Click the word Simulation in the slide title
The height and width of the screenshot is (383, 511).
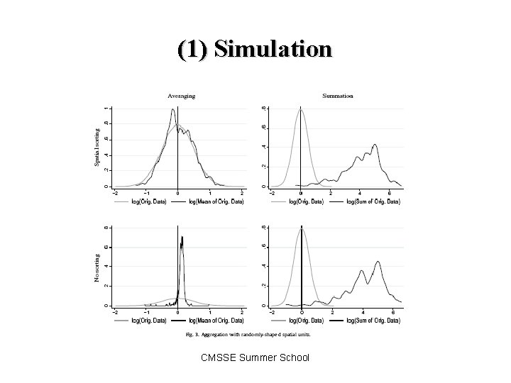(272, 49)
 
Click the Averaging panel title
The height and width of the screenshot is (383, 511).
(181, 96)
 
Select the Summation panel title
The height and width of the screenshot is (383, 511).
(338, 96)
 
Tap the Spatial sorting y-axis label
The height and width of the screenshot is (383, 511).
(97, 148)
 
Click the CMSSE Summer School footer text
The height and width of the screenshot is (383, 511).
(256, 357)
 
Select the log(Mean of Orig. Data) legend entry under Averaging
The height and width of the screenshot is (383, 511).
(215, 202)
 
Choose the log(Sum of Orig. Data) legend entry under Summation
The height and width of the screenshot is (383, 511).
(373, 202)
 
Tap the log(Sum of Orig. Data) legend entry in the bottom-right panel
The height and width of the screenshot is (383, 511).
(373, 321)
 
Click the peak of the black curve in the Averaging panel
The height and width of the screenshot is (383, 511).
(172, 110)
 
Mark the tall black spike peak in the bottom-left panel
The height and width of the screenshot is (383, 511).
(182, 237)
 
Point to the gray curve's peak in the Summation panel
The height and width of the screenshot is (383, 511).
(301, 109)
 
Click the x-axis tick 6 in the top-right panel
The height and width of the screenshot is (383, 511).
(389, 192)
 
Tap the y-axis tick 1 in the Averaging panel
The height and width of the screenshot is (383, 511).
(106, 108)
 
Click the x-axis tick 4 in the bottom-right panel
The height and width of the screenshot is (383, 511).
(362, 311)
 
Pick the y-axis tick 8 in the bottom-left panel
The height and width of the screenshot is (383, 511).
(106, 227)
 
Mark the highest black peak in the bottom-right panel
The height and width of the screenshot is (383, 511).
(378, 262)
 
